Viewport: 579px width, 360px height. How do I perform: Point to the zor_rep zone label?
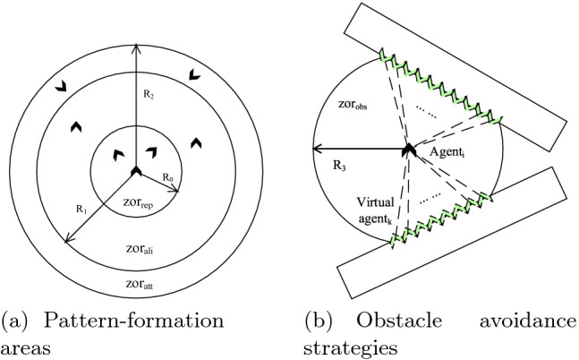137,203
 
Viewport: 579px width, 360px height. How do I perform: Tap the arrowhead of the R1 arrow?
65,240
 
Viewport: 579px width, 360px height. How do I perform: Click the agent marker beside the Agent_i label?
407,149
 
